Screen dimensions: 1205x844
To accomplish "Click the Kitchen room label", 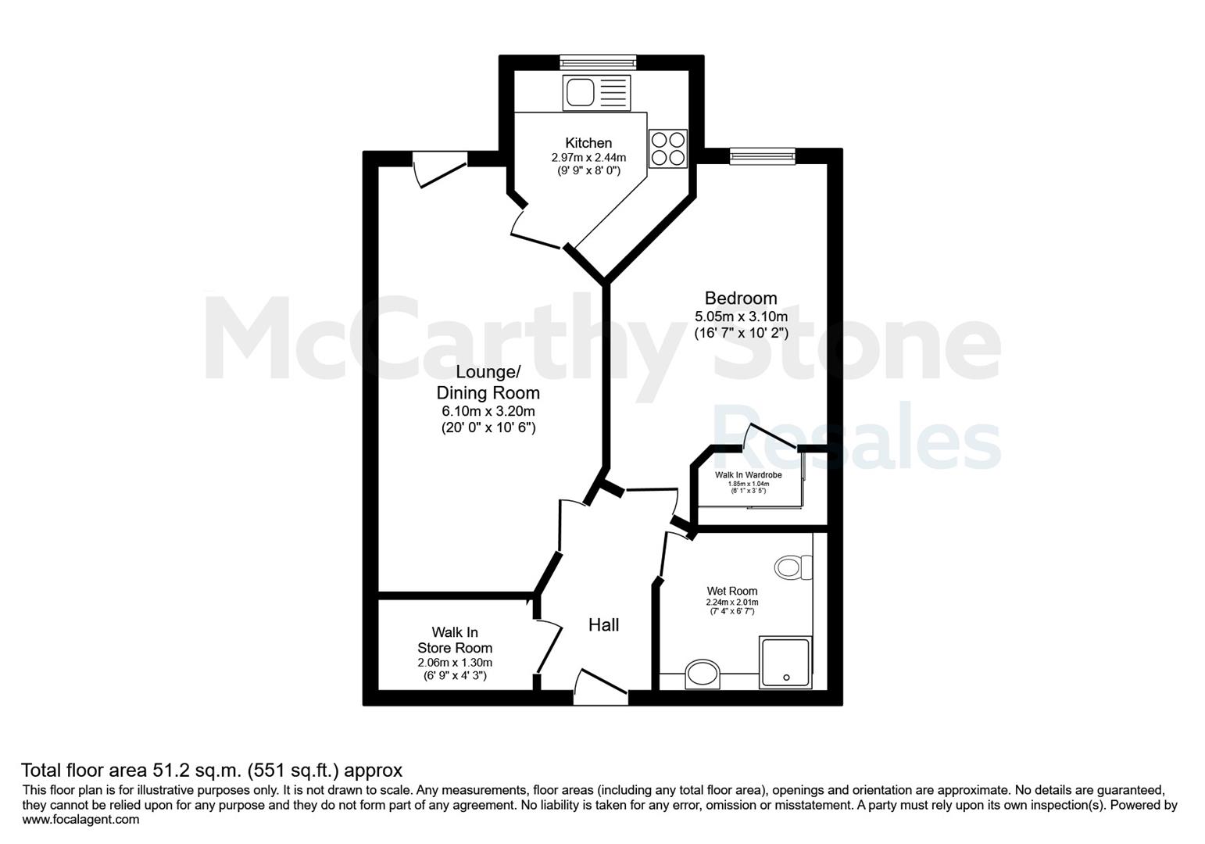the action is coord(588,142).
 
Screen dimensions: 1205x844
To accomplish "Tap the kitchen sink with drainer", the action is coord(596,92).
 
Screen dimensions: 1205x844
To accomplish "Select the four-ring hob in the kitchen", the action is coord(668,148).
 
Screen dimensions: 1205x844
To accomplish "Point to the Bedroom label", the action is coord(741,298).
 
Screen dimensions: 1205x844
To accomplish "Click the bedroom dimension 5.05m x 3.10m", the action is coord(741,316).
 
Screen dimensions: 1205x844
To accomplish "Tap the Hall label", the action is coord(603,624).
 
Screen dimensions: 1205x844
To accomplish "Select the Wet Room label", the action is coord(732,591).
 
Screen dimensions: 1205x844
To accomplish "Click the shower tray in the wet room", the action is coord(785,663).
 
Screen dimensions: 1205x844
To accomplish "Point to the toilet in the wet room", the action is coord(793,567).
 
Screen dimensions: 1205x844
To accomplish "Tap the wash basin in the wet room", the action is coord(703,674).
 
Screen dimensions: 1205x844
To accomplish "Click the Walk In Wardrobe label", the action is coord(749,475).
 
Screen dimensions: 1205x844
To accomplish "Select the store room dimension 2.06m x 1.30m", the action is coord(455,663).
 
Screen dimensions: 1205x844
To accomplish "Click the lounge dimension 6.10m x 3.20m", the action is coord(488,412).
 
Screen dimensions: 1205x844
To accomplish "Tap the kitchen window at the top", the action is coord(598,63).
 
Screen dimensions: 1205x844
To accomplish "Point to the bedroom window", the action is coord(762,156).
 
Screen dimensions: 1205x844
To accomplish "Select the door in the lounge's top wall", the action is coord(440,169).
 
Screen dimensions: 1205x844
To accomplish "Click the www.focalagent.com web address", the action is coord(80,820).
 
